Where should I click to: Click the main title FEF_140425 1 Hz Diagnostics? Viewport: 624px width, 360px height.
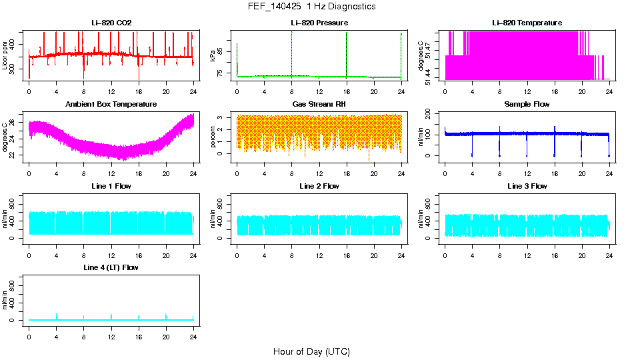coord(311,7)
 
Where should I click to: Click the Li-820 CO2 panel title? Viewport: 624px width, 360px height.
coord(111,23)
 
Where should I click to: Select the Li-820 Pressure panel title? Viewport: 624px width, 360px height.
coord(319,23)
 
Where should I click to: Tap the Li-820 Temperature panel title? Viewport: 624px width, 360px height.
coord(527,23)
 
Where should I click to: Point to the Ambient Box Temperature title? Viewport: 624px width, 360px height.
coord(111,105)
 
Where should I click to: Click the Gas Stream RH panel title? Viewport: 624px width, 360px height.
coord(319,105)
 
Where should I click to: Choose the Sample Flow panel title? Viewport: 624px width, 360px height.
coord(527,105)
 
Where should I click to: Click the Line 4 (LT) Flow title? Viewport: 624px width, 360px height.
coord(111,267)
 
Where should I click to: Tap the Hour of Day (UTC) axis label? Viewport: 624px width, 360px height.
coord(311,351)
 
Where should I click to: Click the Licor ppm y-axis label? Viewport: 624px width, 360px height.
coord(5,56)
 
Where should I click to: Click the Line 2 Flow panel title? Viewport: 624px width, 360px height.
coord(319,186)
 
